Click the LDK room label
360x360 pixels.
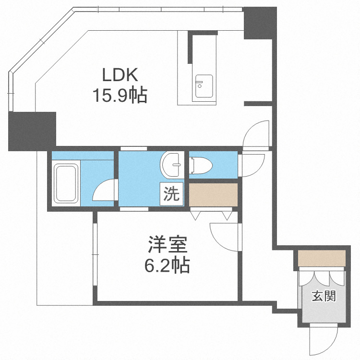[120, 75]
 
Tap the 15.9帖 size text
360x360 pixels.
[120, 96]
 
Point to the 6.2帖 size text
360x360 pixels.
[167, 264]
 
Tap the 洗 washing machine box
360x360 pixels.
[171, 193]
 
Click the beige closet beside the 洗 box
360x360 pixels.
[214, 194]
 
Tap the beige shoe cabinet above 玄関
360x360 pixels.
[322, 258]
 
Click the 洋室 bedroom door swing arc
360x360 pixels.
[225, 235]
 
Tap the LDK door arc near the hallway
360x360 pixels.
[257, 134]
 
